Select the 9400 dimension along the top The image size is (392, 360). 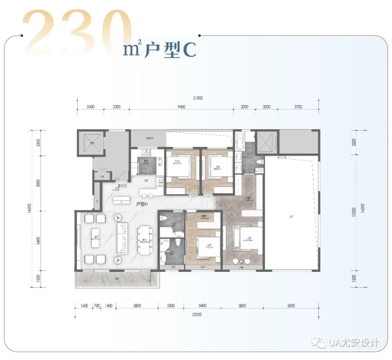(x=181, y=107)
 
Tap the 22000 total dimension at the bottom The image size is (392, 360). (x=197, y=315)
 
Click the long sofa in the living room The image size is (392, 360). (x=123, y=238)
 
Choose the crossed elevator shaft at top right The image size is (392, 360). (x=266, y=142)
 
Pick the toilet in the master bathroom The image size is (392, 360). (x=260, y=162)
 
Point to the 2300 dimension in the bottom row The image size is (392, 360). (x=171, y=306)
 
